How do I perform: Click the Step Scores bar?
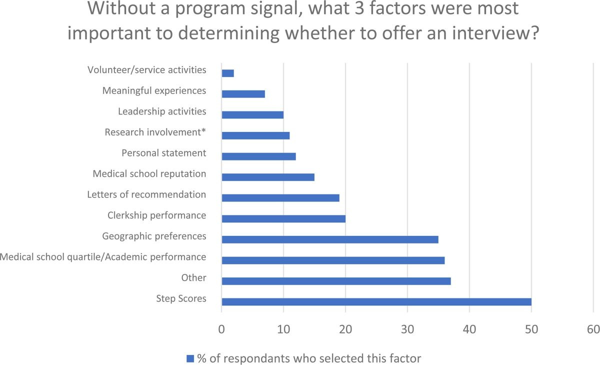tap(376, 301)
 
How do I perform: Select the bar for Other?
tap(336, 281)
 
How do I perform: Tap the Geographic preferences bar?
tap(330, 239)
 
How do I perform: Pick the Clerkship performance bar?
tap(283, 218)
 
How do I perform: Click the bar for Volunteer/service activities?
tap(227, 73)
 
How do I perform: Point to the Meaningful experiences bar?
tap(243, 93)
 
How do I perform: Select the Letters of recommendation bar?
tap(280, 197)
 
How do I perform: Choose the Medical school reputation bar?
tap(268, 177)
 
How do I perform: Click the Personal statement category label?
tap(164, 153)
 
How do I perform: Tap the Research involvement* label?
tap(155, 132)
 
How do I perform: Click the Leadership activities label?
tap(162, 111)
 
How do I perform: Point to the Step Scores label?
tap(181, 299)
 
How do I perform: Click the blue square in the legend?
tap(189, 358)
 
